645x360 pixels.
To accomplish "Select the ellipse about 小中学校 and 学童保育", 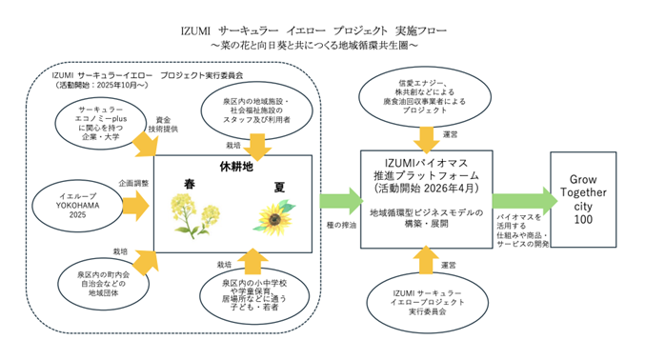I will click(x=253, y=294).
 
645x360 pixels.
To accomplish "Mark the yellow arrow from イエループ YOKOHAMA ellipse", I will click(x=135, y=203).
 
